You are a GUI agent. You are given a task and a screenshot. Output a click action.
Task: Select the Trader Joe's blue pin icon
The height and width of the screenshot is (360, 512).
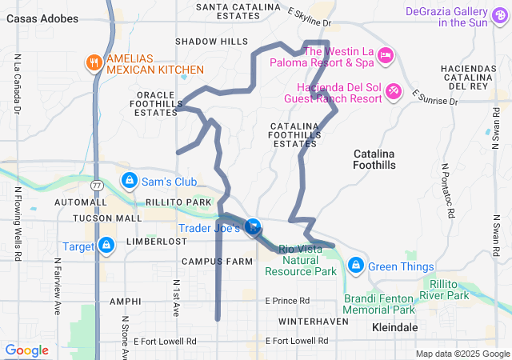coord(254,228)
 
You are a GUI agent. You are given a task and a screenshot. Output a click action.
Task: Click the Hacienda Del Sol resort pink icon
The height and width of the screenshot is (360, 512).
coord(393,92)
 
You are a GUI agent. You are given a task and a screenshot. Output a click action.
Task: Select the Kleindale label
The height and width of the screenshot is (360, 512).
coord(395,327)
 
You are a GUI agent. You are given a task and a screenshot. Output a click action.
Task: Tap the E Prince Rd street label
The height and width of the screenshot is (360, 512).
coord(287,301)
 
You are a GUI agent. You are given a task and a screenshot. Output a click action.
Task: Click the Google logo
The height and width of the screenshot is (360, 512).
coord(26,350)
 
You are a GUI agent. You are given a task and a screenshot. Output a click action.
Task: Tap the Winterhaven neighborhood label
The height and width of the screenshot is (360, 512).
coord(314,321)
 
